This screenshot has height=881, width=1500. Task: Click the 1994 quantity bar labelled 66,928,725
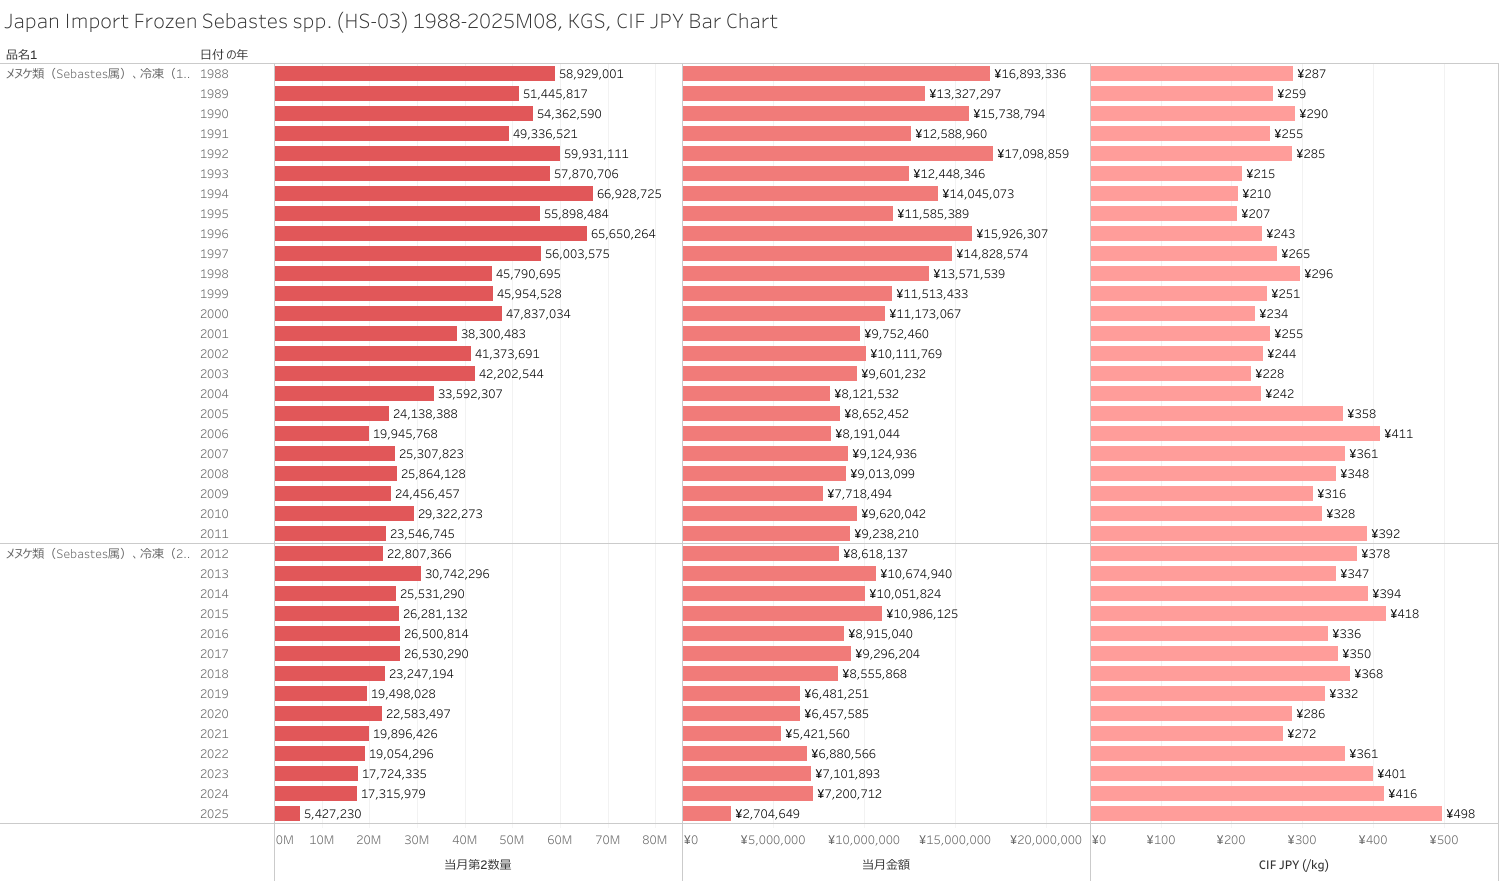[x=433, y=194]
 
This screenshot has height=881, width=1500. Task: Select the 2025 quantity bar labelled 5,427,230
[x=287, y=814]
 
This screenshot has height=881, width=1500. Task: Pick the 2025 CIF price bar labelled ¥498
[x=1266, y=814]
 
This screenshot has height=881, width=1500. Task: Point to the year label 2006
[x=214, y=434]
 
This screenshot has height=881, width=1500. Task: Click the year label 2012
[x=214, y=554]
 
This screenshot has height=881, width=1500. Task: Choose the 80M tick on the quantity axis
[x=654, y=840]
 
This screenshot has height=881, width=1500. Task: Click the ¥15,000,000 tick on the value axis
[x=955, y=840]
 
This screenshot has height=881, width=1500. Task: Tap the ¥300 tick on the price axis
[x=1301, y=840]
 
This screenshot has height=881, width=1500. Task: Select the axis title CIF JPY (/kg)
[x=1293, y=865]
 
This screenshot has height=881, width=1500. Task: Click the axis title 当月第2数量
[x=477, y=865]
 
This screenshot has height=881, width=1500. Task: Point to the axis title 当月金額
[x=885, y=865]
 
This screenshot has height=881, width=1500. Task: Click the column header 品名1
[x=21, y=54]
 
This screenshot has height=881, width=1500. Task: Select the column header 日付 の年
[x=224, y=54]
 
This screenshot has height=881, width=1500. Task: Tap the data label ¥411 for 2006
[x=1398, y=434]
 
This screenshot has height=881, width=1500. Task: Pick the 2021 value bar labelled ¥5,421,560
[x=731, y=734]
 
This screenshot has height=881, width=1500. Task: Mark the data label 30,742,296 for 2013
[x=457, y=574]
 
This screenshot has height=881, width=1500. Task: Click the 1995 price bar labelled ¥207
[x=1163, y=214]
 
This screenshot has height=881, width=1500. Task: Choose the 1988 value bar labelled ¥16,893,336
[x=836, y=74]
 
